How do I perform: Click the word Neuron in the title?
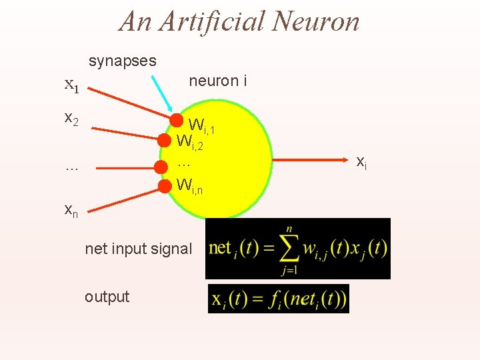314,21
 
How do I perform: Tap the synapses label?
123,61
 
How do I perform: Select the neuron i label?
218,81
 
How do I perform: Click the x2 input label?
71,119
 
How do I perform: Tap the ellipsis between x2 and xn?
71,167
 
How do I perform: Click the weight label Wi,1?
201,125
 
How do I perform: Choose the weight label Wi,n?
189,186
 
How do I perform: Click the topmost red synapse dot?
177,120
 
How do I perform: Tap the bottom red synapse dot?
165,185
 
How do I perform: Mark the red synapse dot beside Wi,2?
165,140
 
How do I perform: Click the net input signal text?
138,249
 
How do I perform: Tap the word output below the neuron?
107,297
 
